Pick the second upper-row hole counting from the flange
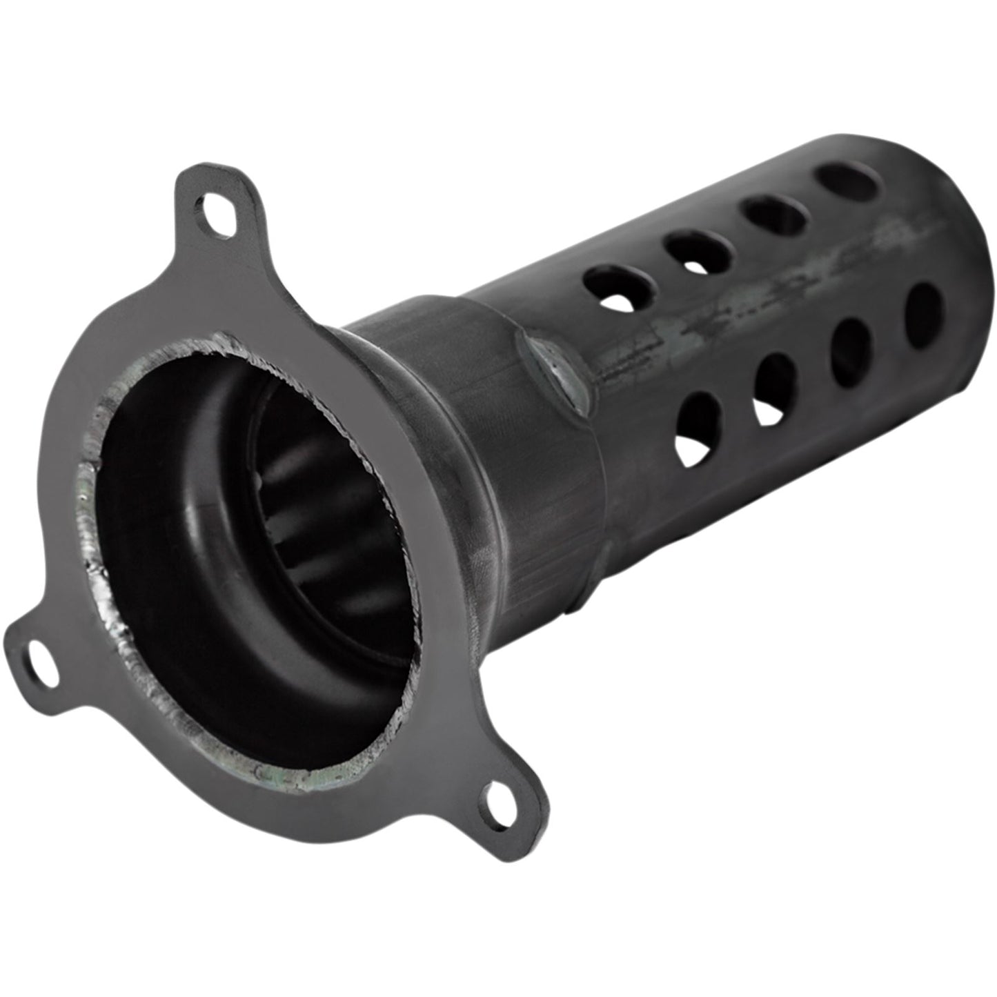pos(698,248)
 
